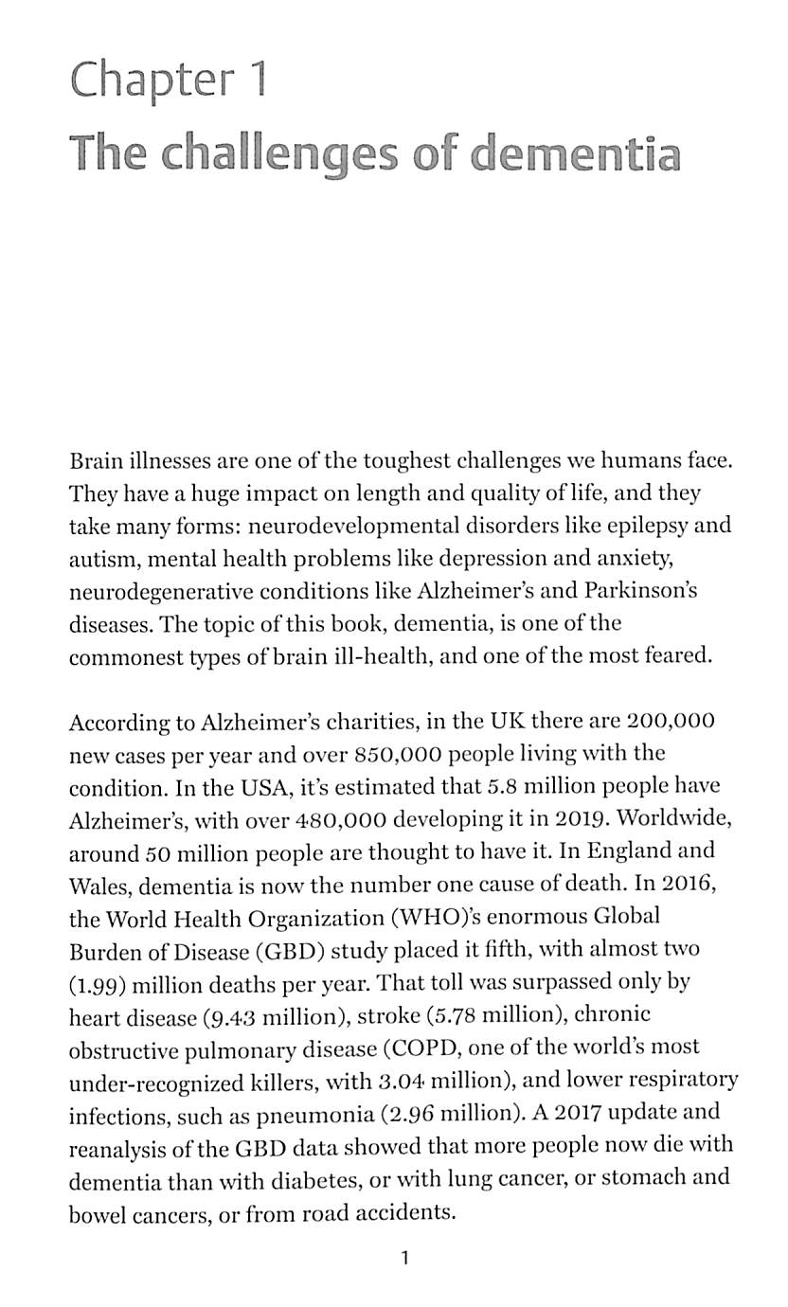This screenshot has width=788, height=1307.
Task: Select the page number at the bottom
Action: tap(404, 1259)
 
